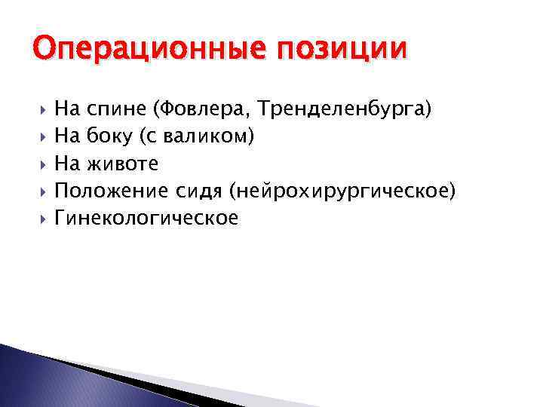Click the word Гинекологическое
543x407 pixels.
pyautogui.click(x=146, y=219)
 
